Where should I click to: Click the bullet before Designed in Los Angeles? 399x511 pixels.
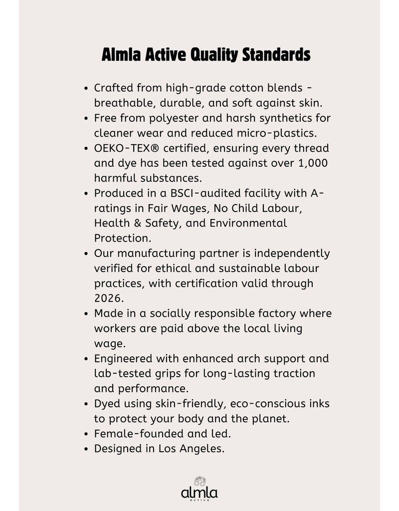tap(87, 449)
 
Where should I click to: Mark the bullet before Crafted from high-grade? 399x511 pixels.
tap(87, 88)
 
